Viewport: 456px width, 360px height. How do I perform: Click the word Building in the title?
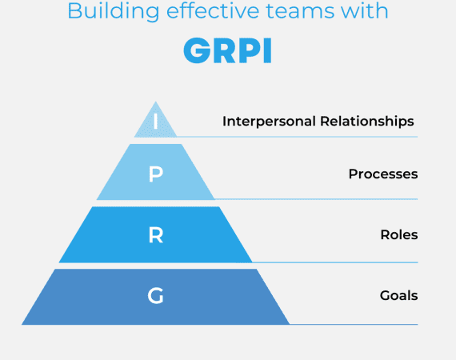105,11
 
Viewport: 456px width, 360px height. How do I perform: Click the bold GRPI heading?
227,50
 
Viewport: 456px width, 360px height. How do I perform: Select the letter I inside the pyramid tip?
155,122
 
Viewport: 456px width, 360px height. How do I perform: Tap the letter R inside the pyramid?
155,235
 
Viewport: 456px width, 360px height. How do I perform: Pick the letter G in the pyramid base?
155,296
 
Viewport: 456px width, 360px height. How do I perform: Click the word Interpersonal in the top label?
271,122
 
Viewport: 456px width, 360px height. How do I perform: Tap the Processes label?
382,174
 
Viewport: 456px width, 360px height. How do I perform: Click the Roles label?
398,235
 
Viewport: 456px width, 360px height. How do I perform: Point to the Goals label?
398,296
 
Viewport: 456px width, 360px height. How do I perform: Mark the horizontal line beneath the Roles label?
336,262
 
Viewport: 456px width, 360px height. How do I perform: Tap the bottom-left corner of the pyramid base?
23,323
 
